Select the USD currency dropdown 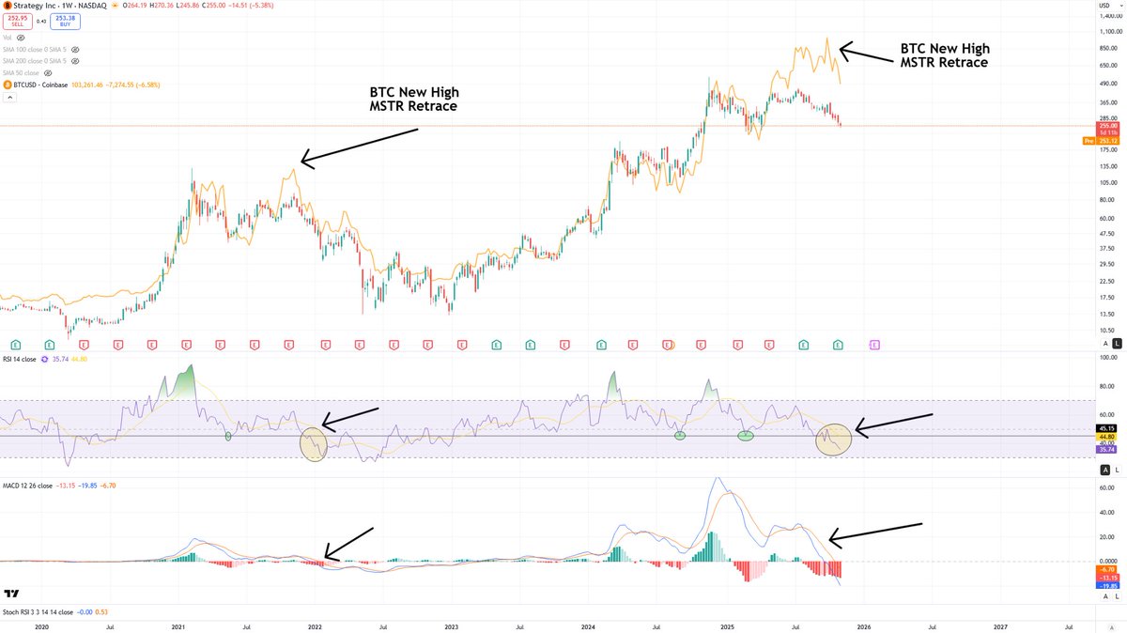tap(1104, 8)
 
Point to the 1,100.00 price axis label tap(1109, 31)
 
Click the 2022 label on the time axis tap(315, 625)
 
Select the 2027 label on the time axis tap(1000, 625)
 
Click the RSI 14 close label tap(24, 358)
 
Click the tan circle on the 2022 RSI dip tap(314, 443)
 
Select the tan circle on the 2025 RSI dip tap(833, 439)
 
